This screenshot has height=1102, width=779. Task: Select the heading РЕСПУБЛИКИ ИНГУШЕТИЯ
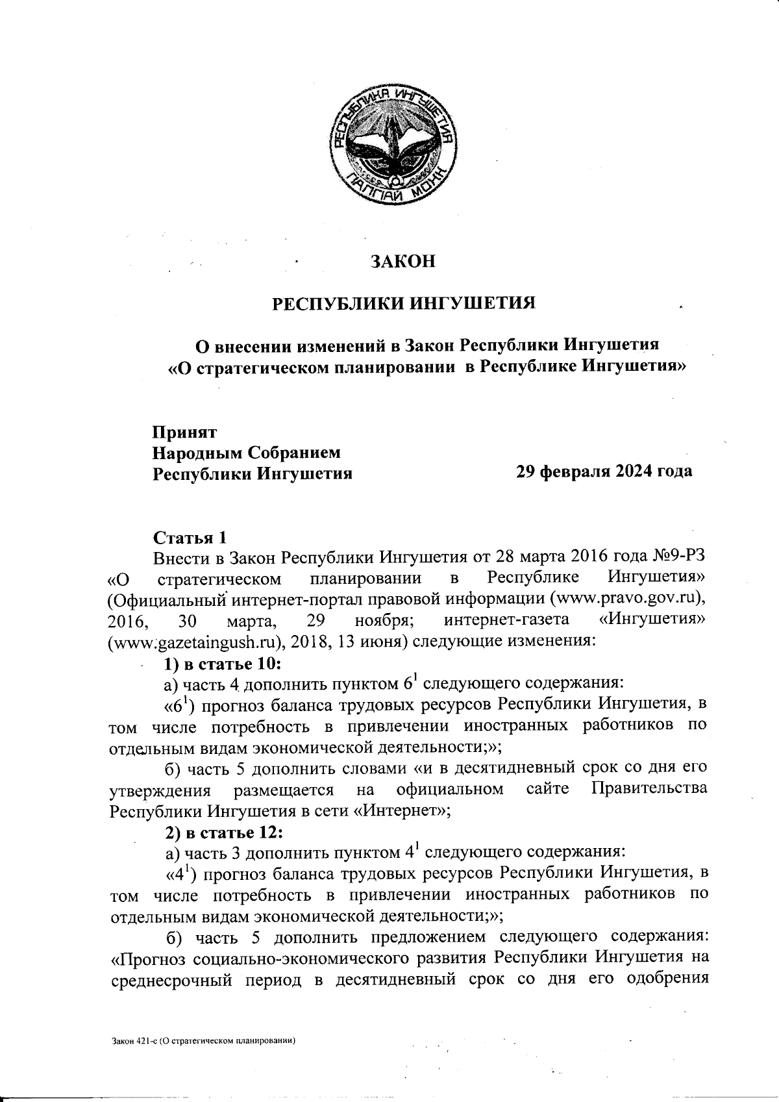(x=402, y=303)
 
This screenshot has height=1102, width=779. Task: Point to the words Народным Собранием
(x=246, y=451)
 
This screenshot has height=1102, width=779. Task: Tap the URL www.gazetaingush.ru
(x=193, y=642)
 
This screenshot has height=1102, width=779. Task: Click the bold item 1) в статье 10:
(x=222, y=663)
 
